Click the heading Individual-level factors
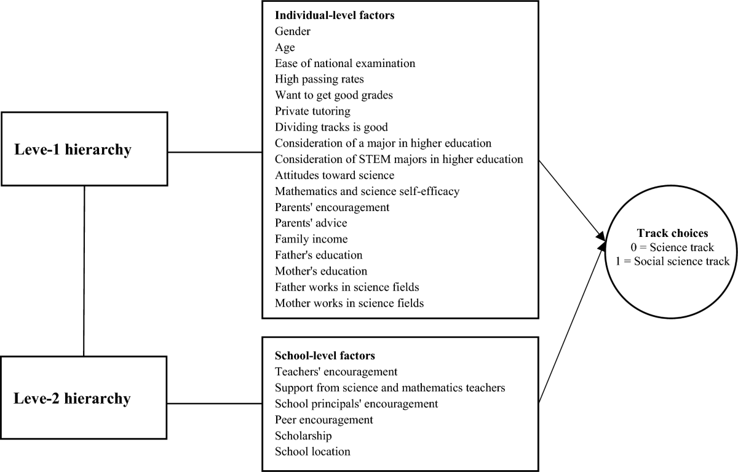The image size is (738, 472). (x=335, y=15)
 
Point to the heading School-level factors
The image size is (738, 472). (x=325, y=356)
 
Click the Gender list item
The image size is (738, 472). (x=293, y=31)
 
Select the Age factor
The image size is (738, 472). (x=285, y=47)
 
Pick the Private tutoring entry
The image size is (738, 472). (x=312, y=111)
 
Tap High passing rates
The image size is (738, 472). (x=319, y=79)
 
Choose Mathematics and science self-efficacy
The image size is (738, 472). (x=367, y=191)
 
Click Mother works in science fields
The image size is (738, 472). (x=349, y=303)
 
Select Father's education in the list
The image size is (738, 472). (x=319, y=255)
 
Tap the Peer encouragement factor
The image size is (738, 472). (x=324, y=420)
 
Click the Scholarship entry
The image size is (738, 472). (x=303, y=436)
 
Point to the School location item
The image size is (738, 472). (x=312, y=452)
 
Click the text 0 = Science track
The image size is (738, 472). (x=669, y=248)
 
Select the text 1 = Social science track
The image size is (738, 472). (x=670, y=261)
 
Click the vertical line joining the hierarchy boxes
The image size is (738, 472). (x=84, y=271)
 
